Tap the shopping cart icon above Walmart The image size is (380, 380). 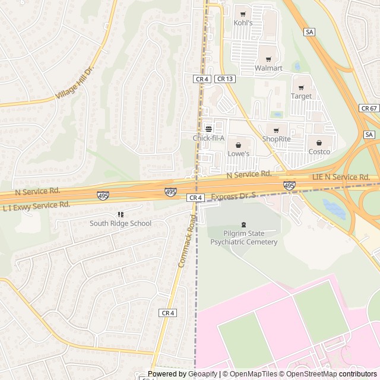[x=268, y=59]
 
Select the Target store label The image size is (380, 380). [x=301, y=96]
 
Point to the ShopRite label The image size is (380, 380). [x=277, y=139]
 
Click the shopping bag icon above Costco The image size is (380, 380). [x=319, y=142]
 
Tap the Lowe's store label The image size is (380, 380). [x=239, y=153]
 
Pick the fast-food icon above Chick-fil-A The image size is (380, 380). [x=208, y=128]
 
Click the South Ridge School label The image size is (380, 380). [x=121, y=223]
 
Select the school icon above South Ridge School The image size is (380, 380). [x=121, y=214]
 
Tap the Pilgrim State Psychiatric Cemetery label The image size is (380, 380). [x=243, y=237]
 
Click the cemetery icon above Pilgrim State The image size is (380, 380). [x=243, y=224]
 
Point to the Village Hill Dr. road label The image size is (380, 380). [x=75, y=84]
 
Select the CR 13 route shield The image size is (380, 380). [x=225, y=78]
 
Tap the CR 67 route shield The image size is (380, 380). [x=369, y=108]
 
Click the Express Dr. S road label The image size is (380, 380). [x=233, y=195]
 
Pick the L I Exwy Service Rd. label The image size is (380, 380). [x=36, y=206]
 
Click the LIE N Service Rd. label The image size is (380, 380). [x=341, y=177]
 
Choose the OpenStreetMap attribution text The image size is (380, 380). [x=308, y=374]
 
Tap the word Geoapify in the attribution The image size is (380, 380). [x=202, y=374]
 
